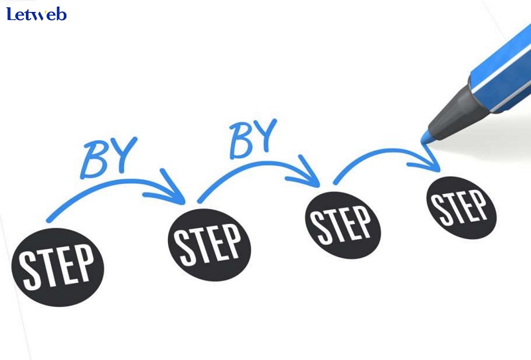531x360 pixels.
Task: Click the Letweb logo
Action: [x=37, y=14]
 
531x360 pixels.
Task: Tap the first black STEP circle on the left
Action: [x=58, y=268]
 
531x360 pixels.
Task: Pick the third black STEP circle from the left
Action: [x=343, y=225]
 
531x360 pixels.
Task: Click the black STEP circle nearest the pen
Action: [x=461, y=208]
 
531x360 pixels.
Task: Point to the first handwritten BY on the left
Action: [x=109, y=157]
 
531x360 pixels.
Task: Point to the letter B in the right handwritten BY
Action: [x=240, y=142]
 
